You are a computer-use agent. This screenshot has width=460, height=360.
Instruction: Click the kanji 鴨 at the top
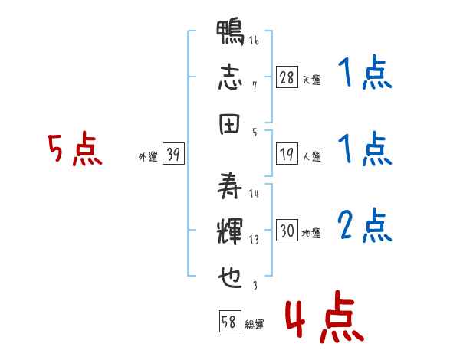[230, 32]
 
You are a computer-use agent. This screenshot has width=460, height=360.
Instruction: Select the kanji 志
[230, 77]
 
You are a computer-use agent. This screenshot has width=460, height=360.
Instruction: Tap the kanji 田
[230, 124]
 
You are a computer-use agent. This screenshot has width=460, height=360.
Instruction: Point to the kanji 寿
[230, 185]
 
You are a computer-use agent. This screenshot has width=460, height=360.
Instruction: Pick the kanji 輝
[230, 231]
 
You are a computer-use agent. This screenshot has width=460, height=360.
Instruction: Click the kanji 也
[230, 277]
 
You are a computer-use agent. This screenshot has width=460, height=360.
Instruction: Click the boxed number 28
[287, 77]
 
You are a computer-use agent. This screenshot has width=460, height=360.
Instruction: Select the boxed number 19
[287, 154]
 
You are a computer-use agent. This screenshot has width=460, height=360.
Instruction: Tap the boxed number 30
[287, 230]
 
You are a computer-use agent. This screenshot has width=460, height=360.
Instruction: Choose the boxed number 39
[173, 153]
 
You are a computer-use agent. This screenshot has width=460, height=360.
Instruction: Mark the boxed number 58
[230, 321]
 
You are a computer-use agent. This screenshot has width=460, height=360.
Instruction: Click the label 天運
[312, 80]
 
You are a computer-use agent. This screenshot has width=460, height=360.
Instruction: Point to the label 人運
[312, 156]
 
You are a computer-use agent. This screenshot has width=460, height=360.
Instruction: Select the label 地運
[311, 234]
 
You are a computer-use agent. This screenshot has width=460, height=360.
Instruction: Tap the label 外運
[148, 157]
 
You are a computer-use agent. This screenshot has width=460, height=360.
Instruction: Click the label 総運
[255, 325]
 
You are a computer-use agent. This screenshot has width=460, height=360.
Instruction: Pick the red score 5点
[75, 149]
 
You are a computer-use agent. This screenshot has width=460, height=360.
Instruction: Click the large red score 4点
[324, 316]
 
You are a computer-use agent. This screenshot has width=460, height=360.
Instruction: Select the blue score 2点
[365, 225]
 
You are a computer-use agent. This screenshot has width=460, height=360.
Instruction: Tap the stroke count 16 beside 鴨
[254, 40]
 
